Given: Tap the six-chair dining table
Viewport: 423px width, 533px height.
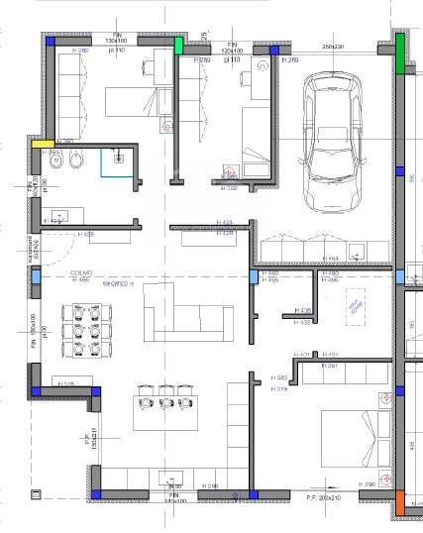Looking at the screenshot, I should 79,330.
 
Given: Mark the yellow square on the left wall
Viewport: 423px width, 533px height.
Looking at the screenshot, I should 38,144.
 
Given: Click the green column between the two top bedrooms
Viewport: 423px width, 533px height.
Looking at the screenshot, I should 179,45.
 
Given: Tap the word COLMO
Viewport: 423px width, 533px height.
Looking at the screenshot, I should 81,273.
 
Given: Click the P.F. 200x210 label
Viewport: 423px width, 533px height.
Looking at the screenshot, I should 324,498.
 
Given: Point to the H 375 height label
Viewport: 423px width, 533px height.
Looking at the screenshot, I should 67,383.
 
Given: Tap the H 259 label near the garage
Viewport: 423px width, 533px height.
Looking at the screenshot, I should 290,60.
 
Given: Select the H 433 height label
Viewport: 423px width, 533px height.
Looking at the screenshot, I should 305,321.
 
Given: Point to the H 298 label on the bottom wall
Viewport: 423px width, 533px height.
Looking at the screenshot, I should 208,486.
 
